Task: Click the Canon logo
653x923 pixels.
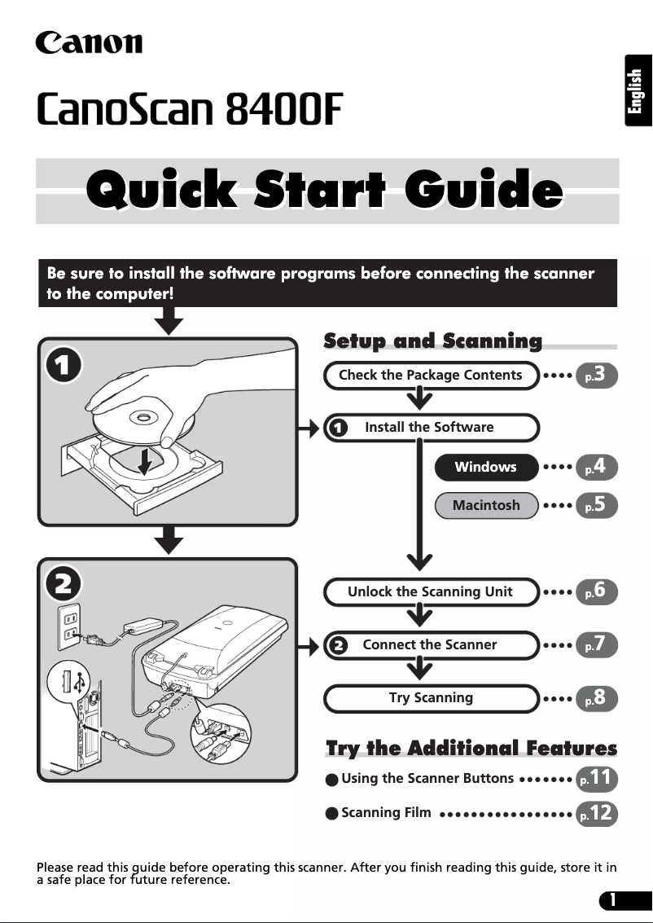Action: [89, 42]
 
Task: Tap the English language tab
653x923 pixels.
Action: [638, 90]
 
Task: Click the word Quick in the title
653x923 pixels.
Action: [161, 189]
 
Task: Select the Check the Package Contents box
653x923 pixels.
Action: [432, 375]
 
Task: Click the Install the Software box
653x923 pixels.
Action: [432, 428]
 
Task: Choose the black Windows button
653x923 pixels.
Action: [486, 467]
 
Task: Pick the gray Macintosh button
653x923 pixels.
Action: [486, 505]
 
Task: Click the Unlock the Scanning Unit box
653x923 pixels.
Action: [432, 591]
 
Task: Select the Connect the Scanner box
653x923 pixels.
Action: [432, 645]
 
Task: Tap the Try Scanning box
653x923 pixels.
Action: [432, 698]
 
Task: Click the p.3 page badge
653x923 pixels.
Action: [597, 375]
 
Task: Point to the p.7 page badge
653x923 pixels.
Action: [597, 644]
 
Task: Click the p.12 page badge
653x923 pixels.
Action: [597, 814]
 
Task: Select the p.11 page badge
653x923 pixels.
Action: [597, 778]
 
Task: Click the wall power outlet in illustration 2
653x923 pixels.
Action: [69, 628]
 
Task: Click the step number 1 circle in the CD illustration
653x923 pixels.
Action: [64, 366]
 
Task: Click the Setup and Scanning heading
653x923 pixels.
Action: [433, 341]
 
